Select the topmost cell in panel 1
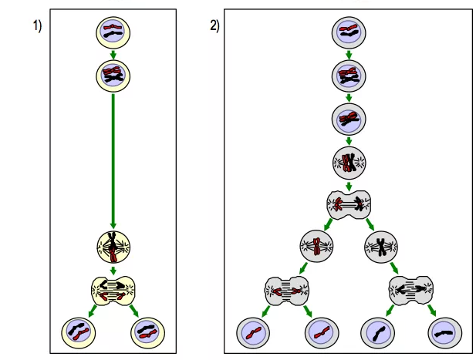coord(113,32)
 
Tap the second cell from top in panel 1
coord(113,75)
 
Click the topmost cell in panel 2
coord(349,32)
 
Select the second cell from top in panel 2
coord(349,76)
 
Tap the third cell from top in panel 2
coord(349,119)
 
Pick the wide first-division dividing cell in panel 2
coord(349,205)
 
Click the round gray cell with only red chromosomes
coord(316,247)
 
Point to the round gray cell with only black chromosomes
coord(381,247)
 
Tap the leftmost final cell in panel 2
coord(252,333)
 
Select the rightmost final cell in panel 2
coord(444,333)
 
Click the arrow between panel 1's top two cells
coord(113,54)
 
